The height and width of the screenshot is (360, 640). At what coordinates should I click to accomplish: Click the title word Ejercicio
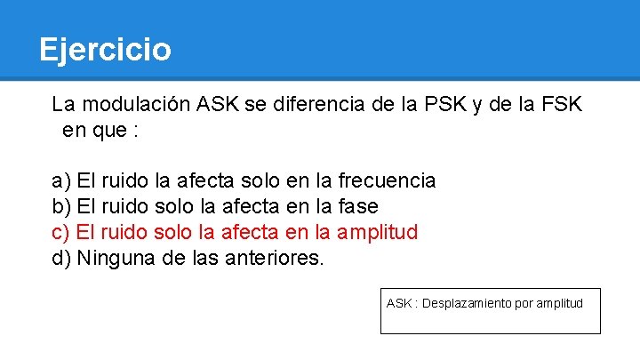coord(105,49)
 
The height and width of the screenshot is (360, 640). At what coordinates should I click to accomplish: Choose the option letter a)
coord(61,181)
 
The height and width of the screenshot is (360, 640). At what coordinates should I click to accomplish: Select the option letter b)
coord(61,207)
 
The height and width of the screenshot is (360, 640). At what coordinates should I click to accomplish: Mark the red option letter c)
coord(61,233)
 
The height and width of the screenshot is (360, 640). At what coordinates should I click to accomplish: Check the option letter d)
coord(61,259)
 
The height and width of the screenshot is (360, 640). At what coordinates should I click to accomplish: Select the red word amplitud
coord(378,233)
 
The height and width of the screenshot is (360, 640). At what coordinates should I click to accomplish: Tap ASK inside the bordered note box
coord(399,304)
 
